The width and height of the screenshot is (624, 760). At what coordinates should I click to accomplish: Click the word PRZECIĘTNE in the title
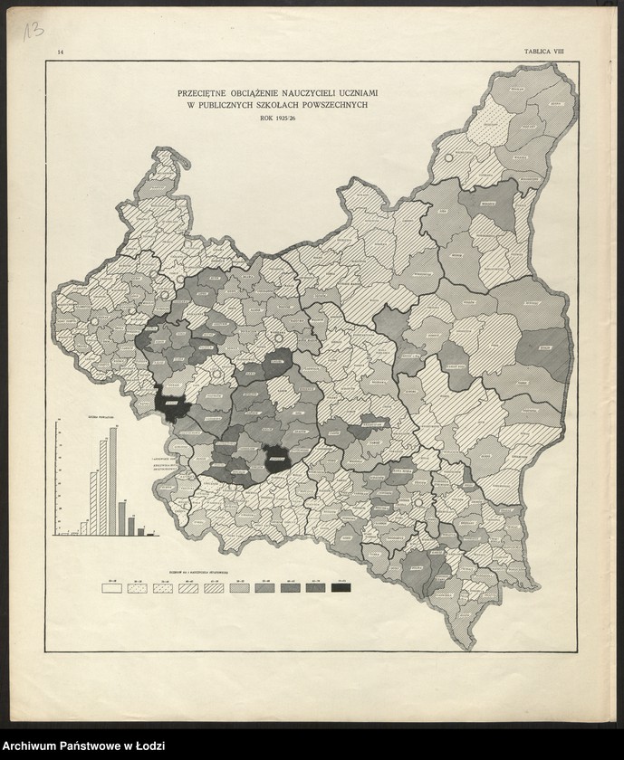coord(206,93)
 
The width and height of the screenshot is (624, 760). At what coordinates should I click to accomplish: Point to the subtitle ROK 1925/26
coord(279,119)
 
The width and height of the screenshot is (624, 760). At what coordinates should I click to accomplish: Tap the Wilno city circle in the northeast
coord(448,158)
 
